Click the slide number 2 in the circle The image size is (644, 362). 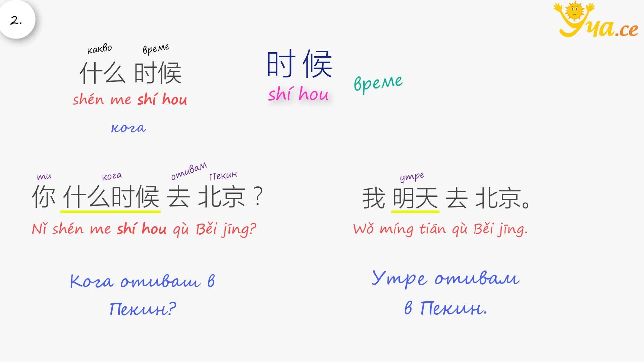click(x=16, y=20)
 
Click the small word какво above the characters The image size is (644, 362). click(x=100, y=49)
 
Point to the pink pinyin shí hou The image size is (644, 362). click(x=298, y=94)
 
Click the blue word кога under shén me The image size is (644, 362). click(x=128, y=128)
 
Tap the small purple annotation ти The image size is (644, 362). click(x=44, y=176)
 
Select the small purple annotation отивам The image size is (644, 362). click(x=189, y=171)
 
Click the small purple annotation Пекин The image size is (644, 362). click(x=223, y=175)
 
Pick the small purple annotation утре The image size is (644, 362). click(x=412, y=177)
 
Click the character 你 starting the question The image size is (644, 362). click(x=44, y=197)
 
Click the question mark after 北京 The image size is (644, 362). click(x=258, y=196)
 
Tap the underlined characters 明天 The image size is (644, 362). click(x=415, y=198)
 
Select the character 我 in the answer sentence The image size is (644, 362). click(x=374, y=198)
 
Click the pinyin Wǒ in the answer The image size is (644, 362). click(x=364, y=229)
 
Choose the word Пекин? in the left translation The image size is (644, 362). click(x=143, y=309)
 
